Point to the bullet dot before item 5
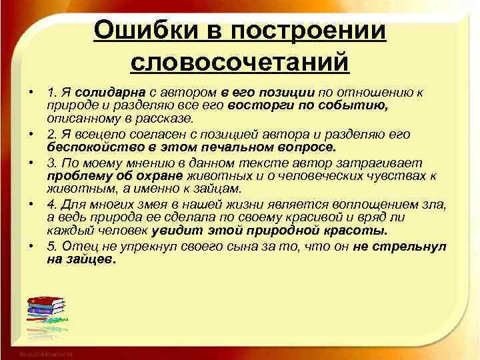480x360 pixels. point(31,246)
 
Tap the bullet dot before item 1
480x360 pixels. point(31,91)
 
